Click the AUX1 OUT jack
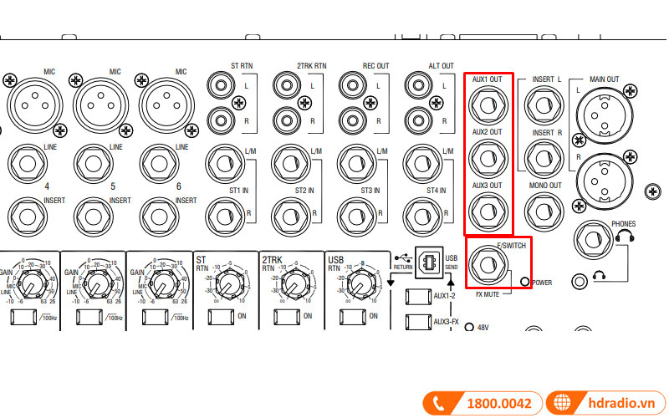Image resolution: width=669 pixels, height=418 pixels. (487, 104)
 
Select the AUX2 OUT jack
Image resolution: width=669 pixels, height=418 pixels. (487, 156)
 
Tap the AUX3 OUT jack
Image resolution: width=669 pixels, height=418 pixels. (487, 209)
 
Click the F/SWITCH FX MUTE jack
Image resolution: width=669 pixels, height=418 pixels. (488, 267)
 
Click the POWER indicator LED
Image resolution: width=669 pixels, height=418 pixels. (524, 283)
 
